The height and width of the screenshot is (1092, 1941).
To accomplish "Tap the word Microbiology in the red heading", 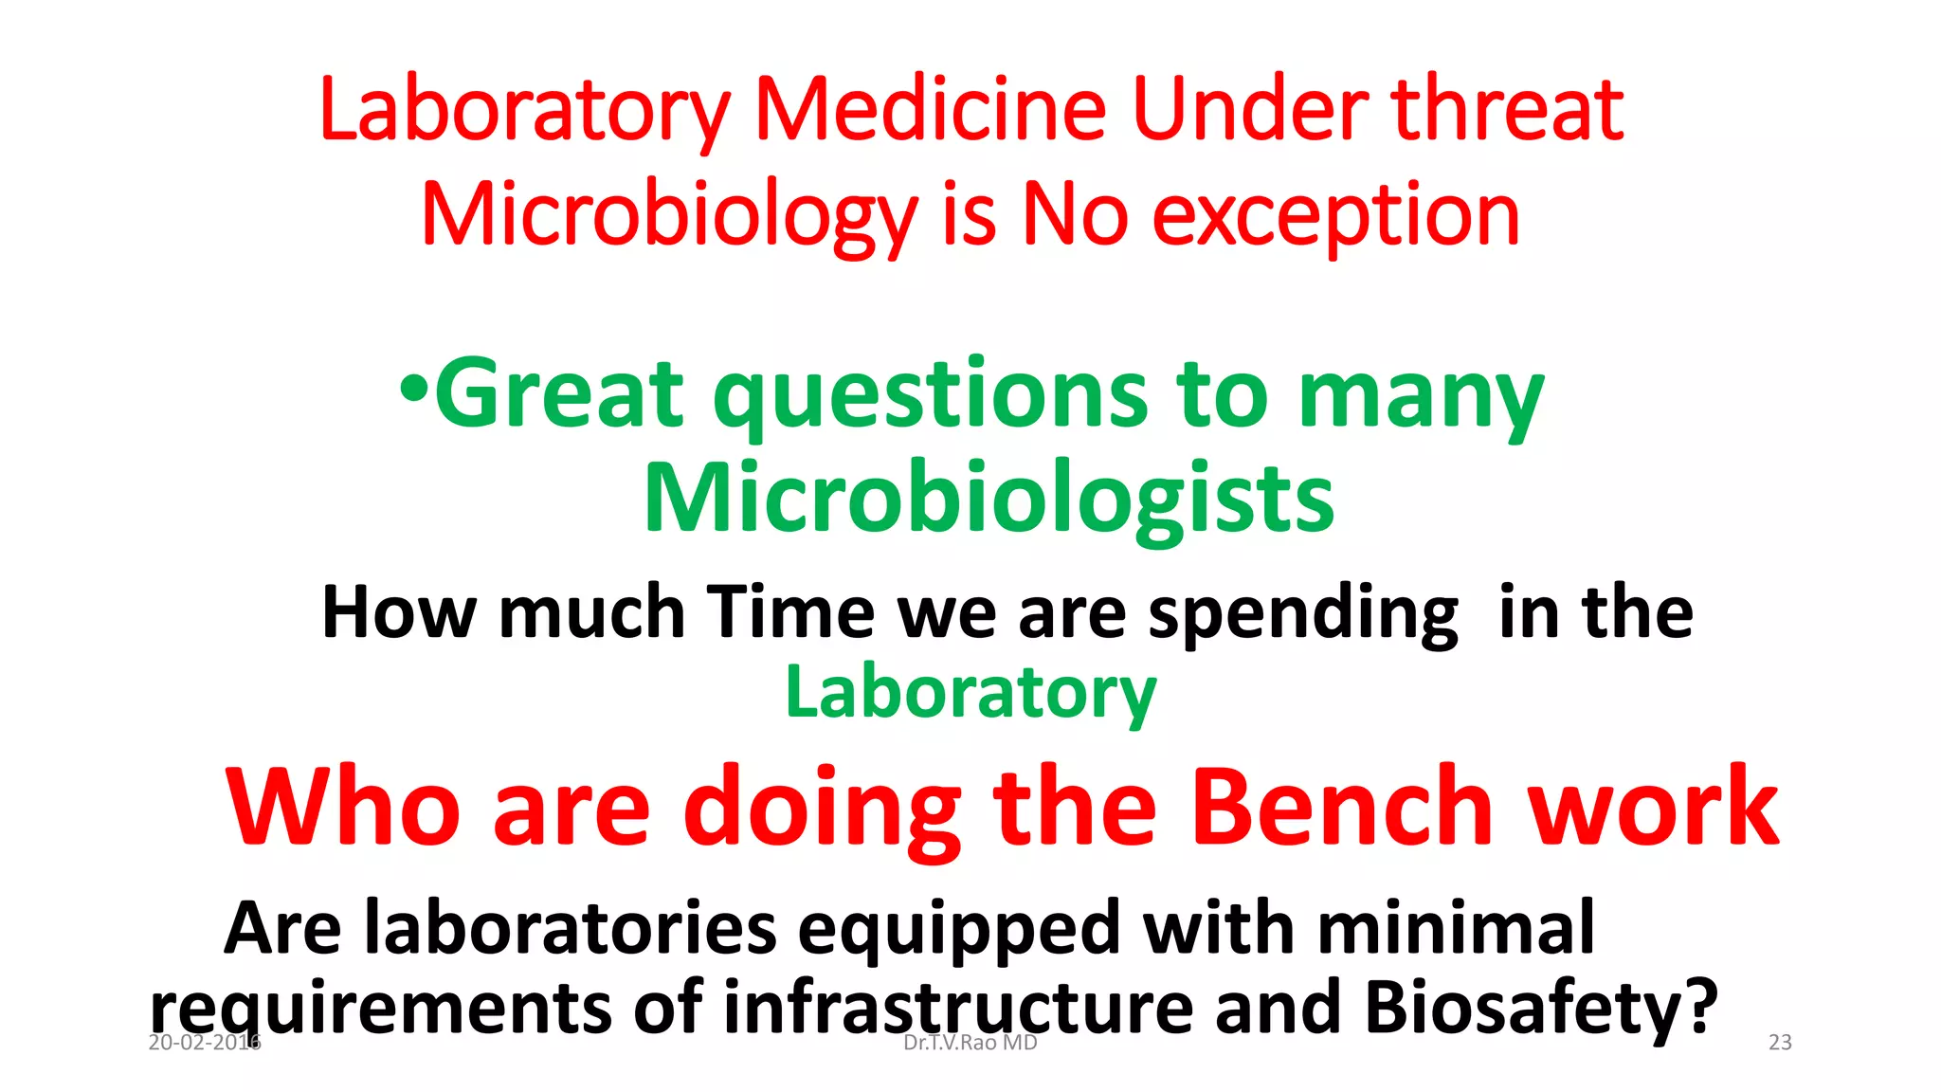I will (x=669, y=216).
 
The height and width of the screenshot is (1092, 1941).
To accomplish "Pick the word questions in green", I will (x=932, y=396).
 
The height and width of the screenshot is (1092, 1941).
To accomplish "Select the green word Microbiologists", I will (x=989, y=499).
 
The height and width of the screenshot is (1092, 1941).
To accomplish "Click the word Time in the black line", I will (x=791, y=612).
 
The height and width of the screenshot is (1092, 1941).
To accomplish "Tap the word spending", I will (x=1303, y=614).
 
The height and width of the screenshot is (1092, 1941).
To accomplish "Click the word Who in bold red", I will (x=344, y=807).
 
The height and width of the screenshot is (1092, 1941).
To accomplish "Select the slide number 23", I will (x=1780, y=1043).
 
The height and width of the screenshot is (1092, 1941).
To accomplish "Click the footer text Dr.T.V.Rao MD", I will (x=970, y=1043).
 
